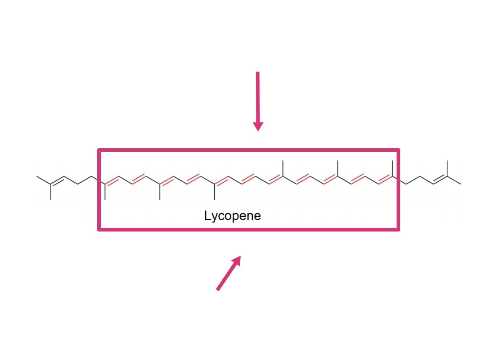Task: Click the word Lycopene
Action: (x=232, y=216)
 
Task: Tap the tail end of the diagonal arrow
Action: (x=218, y=289)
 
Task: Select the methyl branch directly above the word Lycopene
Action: (x=215, y=192)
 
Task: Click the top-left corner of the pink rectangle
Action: (x=99, y=150)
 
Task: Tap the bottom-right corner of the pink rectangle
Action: (x=398, y=230)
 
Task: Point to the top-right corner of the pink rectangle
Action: (x=398, y=150)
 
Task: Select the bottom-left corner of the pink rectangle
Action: (x=99, y=230)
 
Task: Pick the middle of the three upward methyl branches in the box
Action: (x=338, y=168)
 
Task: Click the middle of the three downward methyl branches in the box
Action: (x=160, y=192)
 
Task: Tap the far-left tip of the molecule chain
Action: (x=37, y=177)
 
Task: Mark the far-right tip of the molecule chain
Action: (x=460, y=184)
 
